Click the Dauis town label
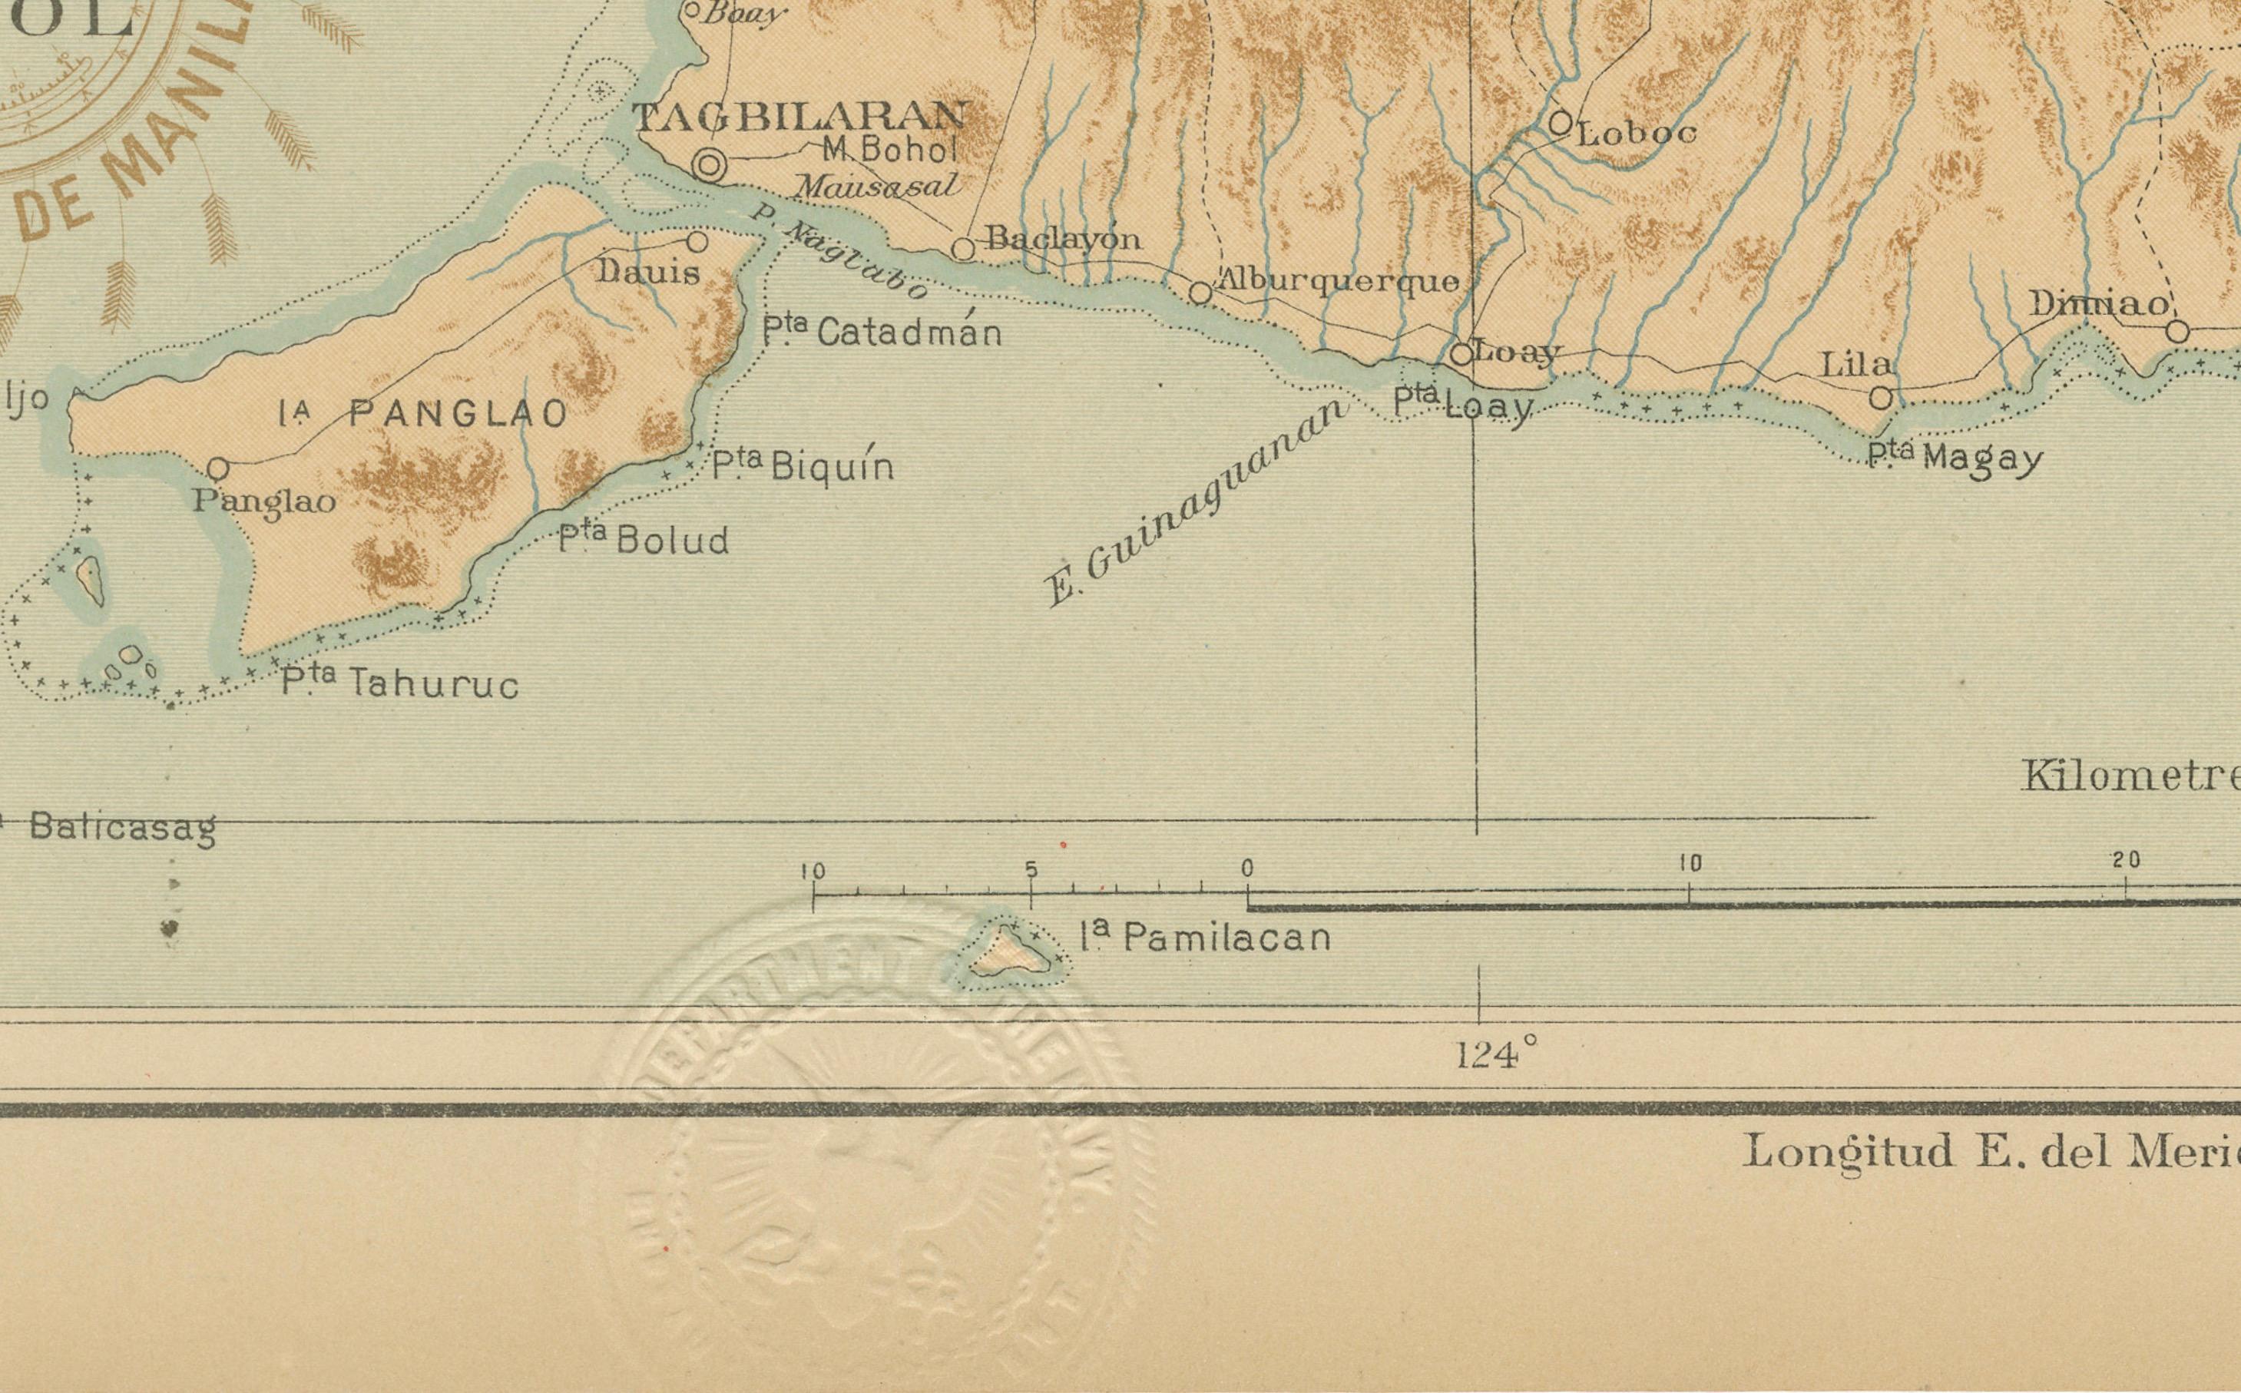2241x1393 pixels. click(x=648, y=272)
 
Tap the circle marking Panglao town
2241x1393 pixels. click(x=217, y=469)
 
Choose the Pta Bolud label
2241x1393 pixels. click(x=644, y=539)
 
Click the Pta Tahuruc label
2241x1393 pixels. click(x=400, y=683)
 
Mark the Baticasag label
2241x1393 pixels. click(x=123, y=826)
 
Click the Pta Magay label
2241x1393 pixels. click(x=1955, y=457)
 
